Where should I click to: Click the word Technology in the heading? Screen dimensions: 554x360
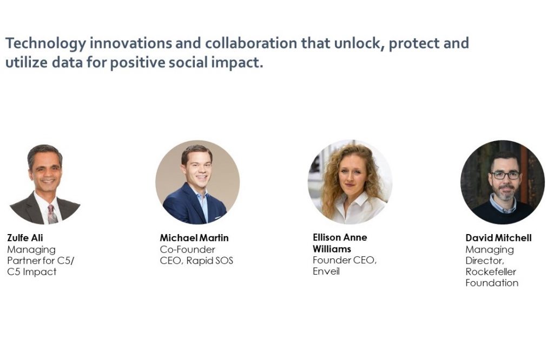(x=45, y=43)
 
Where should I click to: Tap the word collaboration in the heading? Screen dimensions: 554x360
(x=251, y=43)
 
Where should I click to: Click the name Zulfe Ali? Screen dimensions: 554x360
(x=25, y=238)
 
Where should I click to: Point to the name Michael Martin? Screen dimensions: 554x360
(x=194, y=238)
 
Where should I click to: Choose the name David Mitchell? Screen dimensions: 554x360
(x=498, y=238)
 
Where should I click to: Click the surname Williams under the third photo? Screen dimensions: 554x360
(x=332, y=249)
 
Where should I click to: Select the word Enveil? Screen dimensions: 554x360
(x=326, y=271)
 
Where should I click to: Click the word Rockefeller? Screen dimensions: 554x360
(x=491, y=271)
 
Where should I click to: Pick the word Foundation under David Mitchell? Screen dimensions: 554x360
(x=492, y=283)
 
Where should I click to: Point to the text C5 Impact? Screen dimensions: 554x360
(x=32, y=272)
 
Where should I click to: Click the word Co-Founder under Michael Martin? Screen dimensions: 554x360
(x=188, y=249)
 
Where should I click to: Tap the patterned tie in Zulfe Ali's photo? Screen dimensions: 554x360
(x=52, y=214)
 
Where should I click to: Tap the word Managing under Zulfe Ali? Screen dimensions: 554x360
(x=31, y=250)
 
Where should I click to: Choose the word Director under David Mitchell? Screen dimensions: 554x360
(x=485, y=261)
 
